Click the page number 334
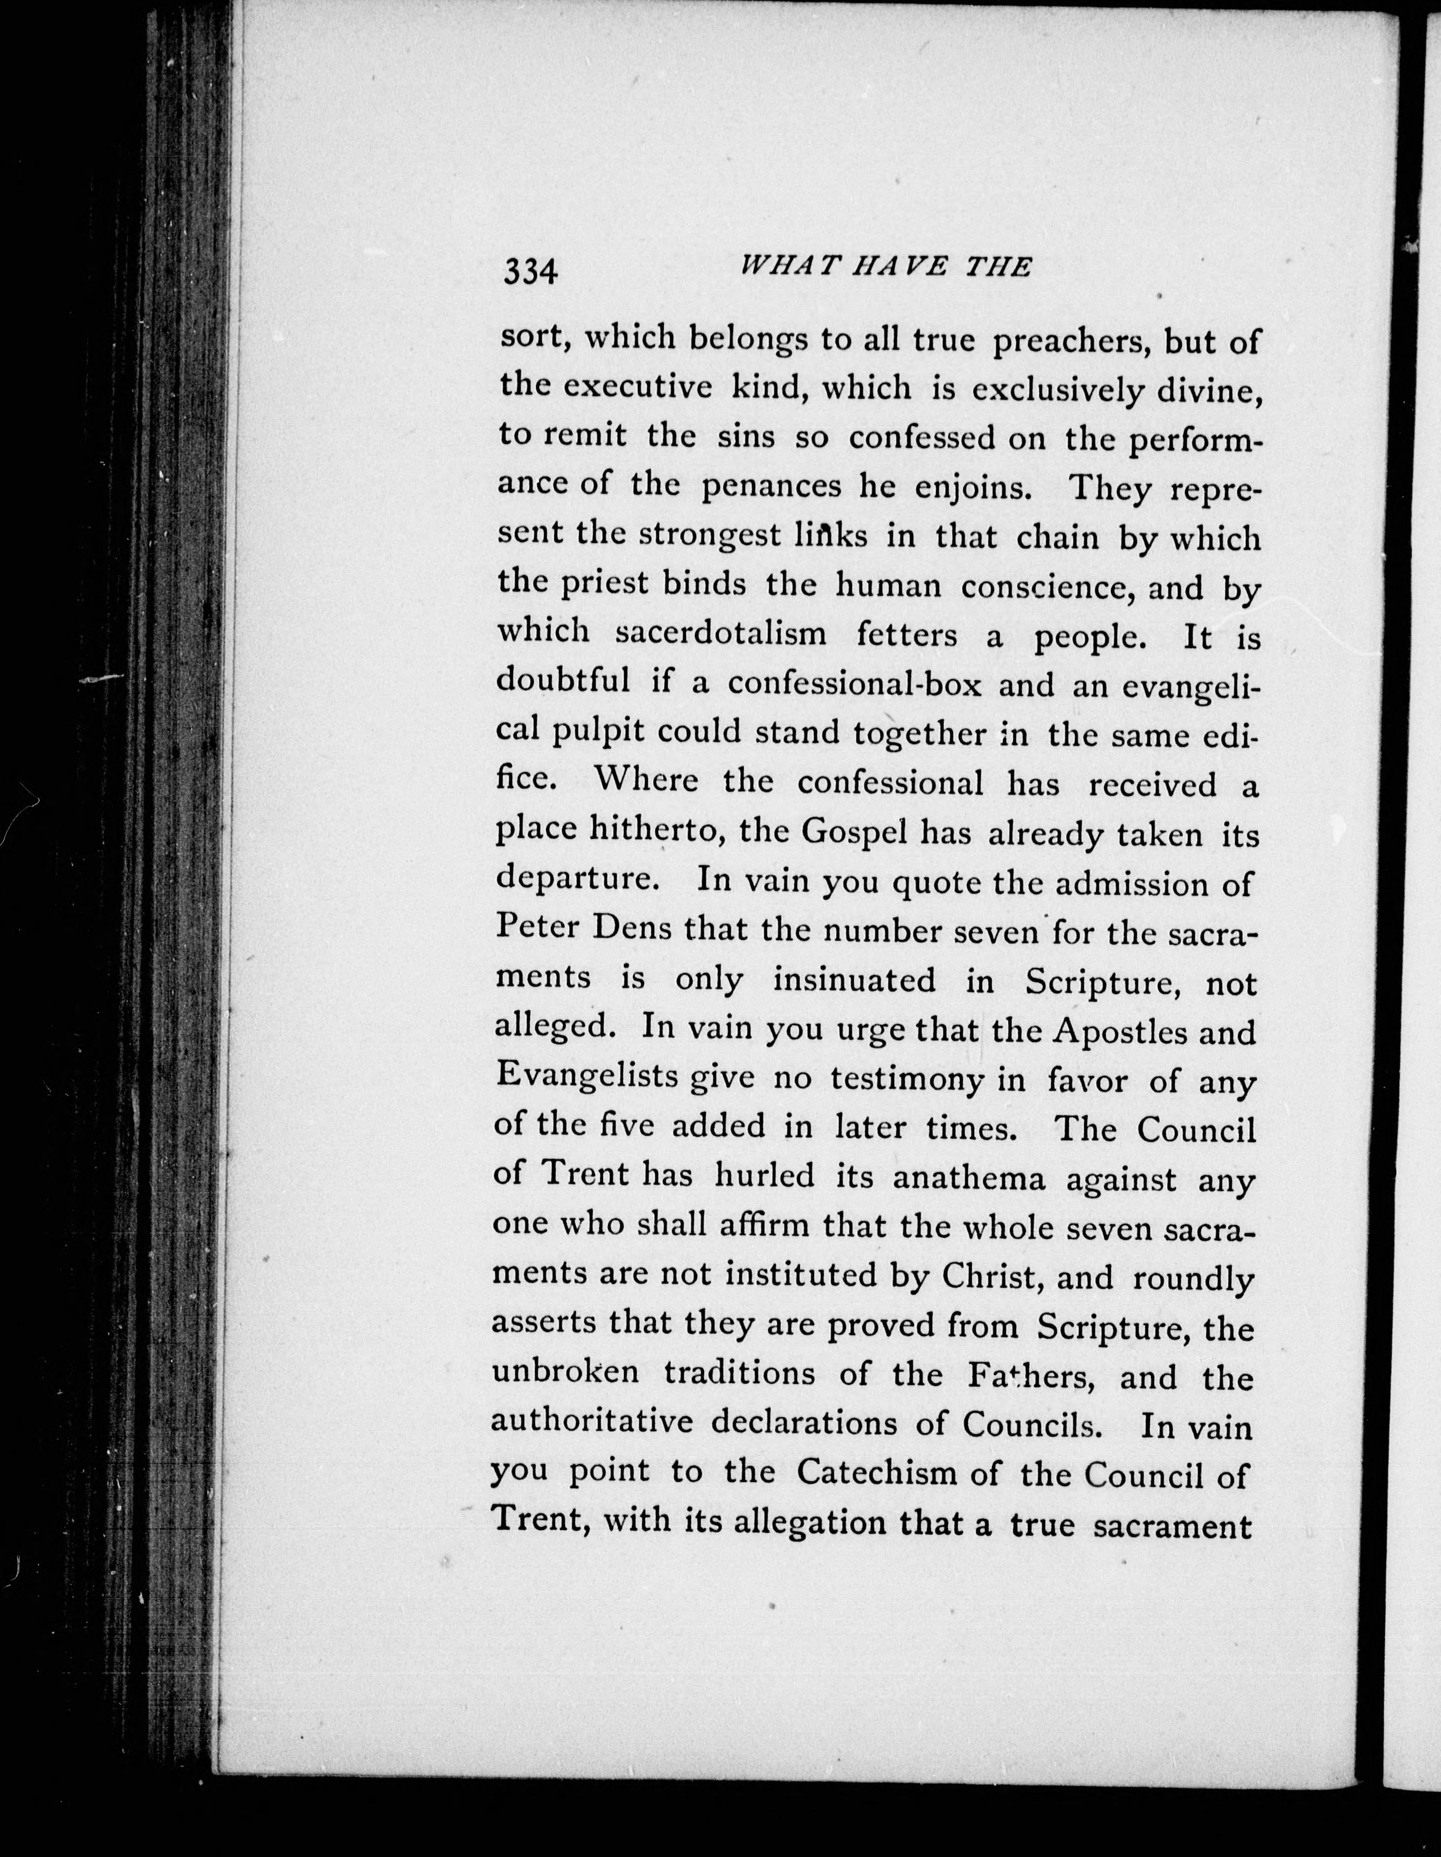coord(530,271)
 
